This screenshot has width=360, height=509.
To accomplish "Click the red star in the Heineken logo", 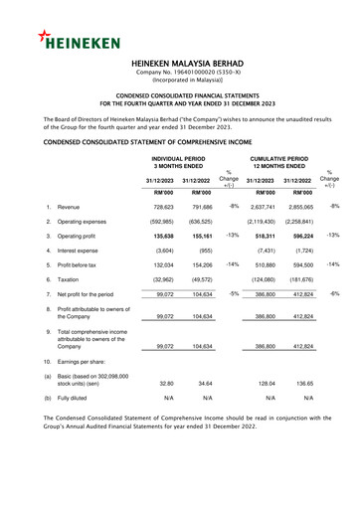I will tap(46, 37).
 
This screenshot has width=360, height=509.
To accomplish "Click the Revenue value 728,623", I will tap(168, 205).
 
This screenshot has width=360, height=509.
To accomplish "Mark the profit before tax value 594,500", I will tap(297, 266).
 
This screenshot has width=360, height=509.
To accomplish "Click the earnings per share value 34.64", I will tap(207, 383).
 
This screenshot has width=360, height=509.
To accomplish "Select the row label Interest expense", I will tap(85, 252).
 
